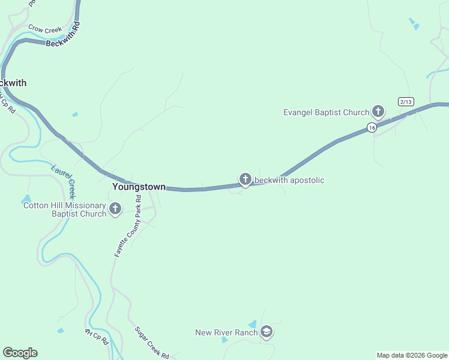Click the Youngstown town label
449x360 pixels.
click(x=139, y=187)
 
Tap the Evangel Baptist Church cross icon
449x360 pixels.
click(x=378, y=112)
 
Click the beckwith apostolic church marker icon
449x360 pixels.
click(x=245, y=179)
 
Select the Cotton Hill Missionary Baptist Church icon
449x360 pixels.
click(x=115, y=209)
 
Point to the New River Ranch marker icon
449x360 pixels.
click(x=267, y=332)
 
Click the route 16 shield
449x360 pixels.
click(x=372, y=127)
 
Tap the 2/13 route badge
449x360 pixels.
click(x=406, y=101)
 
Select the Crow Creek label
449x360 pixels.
click(x=45, y=28)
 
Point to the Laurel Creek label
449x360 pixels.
click(x=64, y=181)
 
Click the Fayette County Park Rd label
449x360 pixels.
click(x=128, y=226)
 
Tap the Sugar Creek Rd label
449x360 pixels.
click(x=151, y=343)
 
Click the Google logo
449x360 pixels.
click(x=20, y=353)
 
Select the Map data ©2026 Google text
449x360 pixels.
click(x=412, y=355)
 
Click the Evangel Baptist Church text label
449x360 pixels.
click(x=327, y=112)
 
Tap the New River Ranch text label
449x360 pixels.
click(x=227, y=332)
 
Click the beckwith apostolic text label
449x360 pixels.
click(x=289, y=180)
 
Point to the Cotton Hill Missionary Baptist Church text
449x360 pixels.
click(x=65, y=209)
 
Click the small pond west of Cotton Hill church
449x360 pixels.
click(x=26, y=199)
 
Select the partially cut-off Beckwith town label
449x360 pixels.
click(x=13, y=83)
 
